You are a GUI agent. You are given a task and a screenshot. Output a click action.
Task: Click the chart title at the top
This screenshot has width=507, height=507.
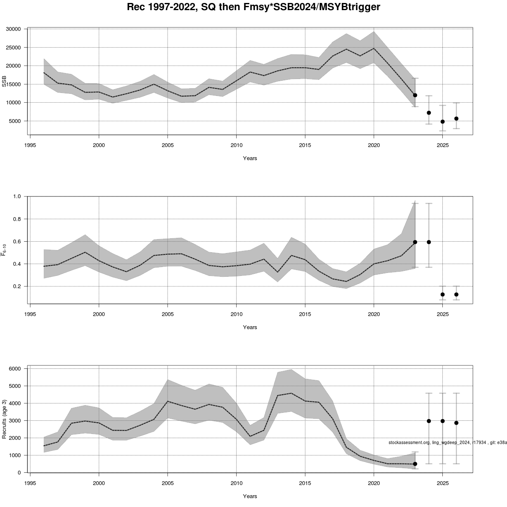click(253, 7)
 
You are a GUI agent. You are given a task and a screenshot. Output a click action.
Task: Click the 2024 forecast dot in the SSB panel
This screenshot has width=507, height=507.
click(429, 113)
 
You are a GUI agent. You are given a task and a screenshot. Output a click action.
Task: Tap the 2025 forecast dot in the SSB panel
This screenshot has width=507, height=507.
click(442, 122)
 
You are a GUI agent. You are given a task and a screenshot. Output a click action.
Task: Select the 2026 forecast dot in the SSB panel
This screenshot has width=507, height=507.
click(456, 119)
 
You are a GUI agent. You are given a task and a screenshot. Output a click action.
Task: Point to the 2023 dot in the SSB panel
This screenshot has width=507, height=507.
click(415, 95)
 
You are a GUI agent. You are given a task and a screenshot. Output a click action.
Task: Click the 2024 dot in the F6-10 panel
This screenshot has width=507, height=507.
click(429, 242)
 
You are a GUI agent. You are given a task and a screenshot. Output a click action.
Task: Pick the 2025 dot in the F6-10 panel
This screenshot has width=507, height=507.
click(442, 294)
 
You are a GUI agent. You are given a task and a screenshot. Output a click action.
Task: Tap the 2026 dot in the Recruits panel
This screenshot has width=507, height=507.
click(456, 422)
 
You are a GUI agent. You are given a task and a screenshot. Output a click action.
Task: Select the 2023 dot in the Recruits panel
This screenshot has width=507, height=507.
click(415, 464)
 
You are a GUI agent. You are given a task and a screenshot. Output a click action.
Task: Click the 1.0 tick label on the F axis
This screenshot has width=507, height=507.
click(17, 196)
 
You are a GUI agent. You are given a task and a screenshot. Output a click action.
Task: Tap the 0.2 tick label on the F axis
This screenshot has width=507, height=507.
click(17, 286)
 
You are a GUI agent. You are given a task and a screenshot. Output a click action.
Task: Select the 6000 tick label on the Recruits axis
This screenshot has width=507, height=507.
click(15, 369)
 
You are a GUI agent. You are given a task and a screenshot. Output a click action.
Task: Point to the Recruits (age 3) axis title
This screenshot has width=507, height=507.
click(5, 419)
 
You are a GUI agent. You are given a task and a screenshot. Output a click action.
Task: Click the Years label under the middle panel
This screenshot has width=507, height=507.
click(250, 327)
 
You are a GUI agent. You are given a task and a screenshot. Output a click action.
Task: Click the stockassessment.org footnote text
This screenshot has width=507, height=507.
click(447, 442)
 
